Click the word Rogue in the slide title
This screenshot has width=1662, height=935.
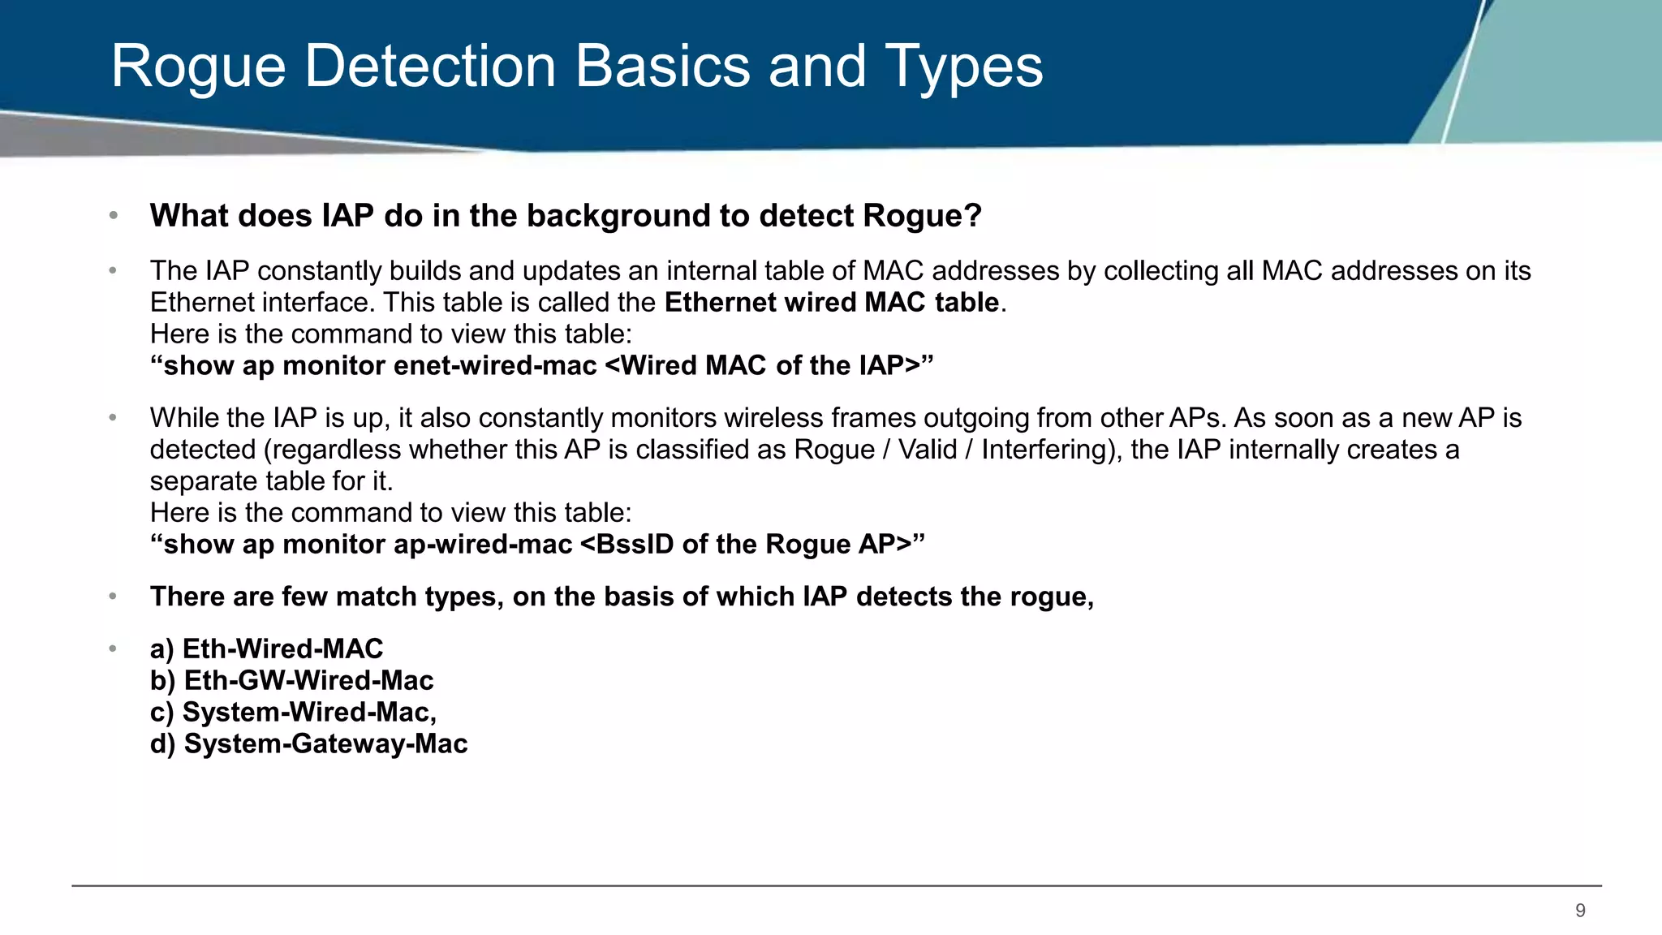(198, 67)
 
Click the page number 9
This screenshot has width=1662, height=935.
(1580, 911)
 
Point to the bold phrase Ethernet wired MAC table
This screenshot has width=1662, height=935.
(832, 303)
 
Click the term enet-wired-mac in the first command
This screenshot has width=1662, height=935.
(495, 366)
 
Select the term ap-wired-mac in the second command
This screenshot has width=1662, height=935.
(483, 545)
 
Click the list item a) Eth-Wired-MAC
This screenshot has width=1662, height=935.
(266, 649)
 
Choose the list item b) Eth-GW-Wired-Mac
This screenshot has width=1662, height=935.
(291, 681)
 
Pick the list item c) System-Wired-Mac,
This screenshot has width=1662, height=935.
(293, 713)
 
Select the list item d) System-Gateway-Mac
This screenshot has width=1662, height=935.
(308, 744)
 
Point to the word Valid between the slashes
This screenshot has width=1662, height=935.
(928, 450)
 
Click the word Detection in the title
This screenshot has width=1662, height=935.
(430, 67)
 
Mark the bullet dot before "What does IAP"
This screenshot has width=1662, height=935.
(114, 216)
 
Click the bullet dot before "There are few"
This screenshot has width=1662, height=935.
(114, 597)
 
